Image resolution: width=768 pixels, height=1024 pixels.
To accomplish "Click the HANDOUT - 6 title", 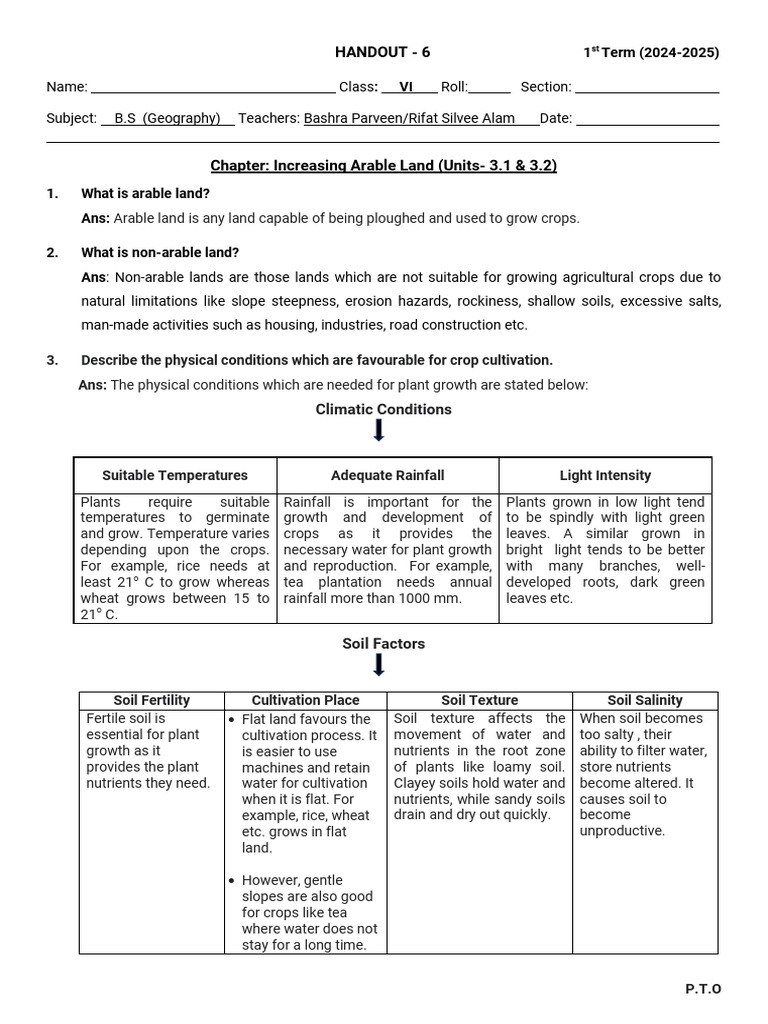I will [x=382, y=53].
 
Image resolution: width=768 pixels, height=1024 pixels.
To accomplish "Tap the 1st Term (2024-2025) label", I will [x=651, y=53].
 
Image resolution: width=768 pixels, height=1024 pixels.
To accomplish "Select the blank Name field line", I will [x=213, y=89].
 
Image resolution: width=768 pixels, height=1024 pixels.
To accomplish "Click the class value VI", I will [x=406, y=87].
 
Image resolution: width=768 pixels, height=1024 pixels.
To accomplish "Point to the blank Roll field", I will [x=490, y=89].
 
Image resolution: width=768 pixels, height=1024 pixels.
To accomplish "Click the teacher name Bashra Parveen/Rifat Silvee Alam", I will [x=409, y=118].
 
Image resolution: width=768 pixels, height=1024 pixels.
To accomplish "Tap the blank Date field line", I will [x=647, y=120].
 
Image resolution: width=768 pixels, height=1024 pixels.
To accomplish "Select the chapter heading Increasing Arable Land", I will [x=383, y=166].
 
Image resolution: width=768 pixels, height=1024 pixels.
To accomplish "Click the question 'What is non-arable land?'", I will [x=160, y=252].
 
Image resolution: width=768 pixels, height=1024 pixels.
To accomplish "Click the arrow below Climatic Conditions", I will [x=379, y=431].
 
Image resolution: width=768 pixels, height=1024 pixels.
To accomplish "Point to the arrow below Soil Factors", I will [x=379, y=665].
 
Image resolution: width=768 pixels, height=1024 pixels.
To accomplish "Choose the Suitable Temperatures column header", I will [x=175, y=475].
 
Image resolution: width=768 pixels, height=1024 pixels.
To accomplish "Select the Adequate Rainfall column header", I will [x=388, y=475].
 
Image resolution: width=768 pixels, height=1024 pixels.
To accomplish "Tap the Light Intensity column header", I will [x=605, y=475].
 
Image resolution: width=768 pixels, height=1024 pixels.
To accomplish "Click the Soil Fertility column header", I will [x=151, y=700].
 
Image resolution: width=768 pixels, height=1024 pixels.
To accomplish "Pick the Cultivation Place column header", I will [x=305, y=700].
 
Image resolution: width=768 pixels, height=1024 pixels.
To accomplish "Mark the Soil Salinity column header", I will [x=645, y=700].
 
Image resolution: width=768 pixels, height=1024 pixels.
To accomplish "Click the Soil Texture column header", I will [x=479, y=700].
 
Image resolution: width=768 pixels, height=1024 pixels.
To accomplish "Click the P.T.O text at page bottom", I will [x=703, y=989].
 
